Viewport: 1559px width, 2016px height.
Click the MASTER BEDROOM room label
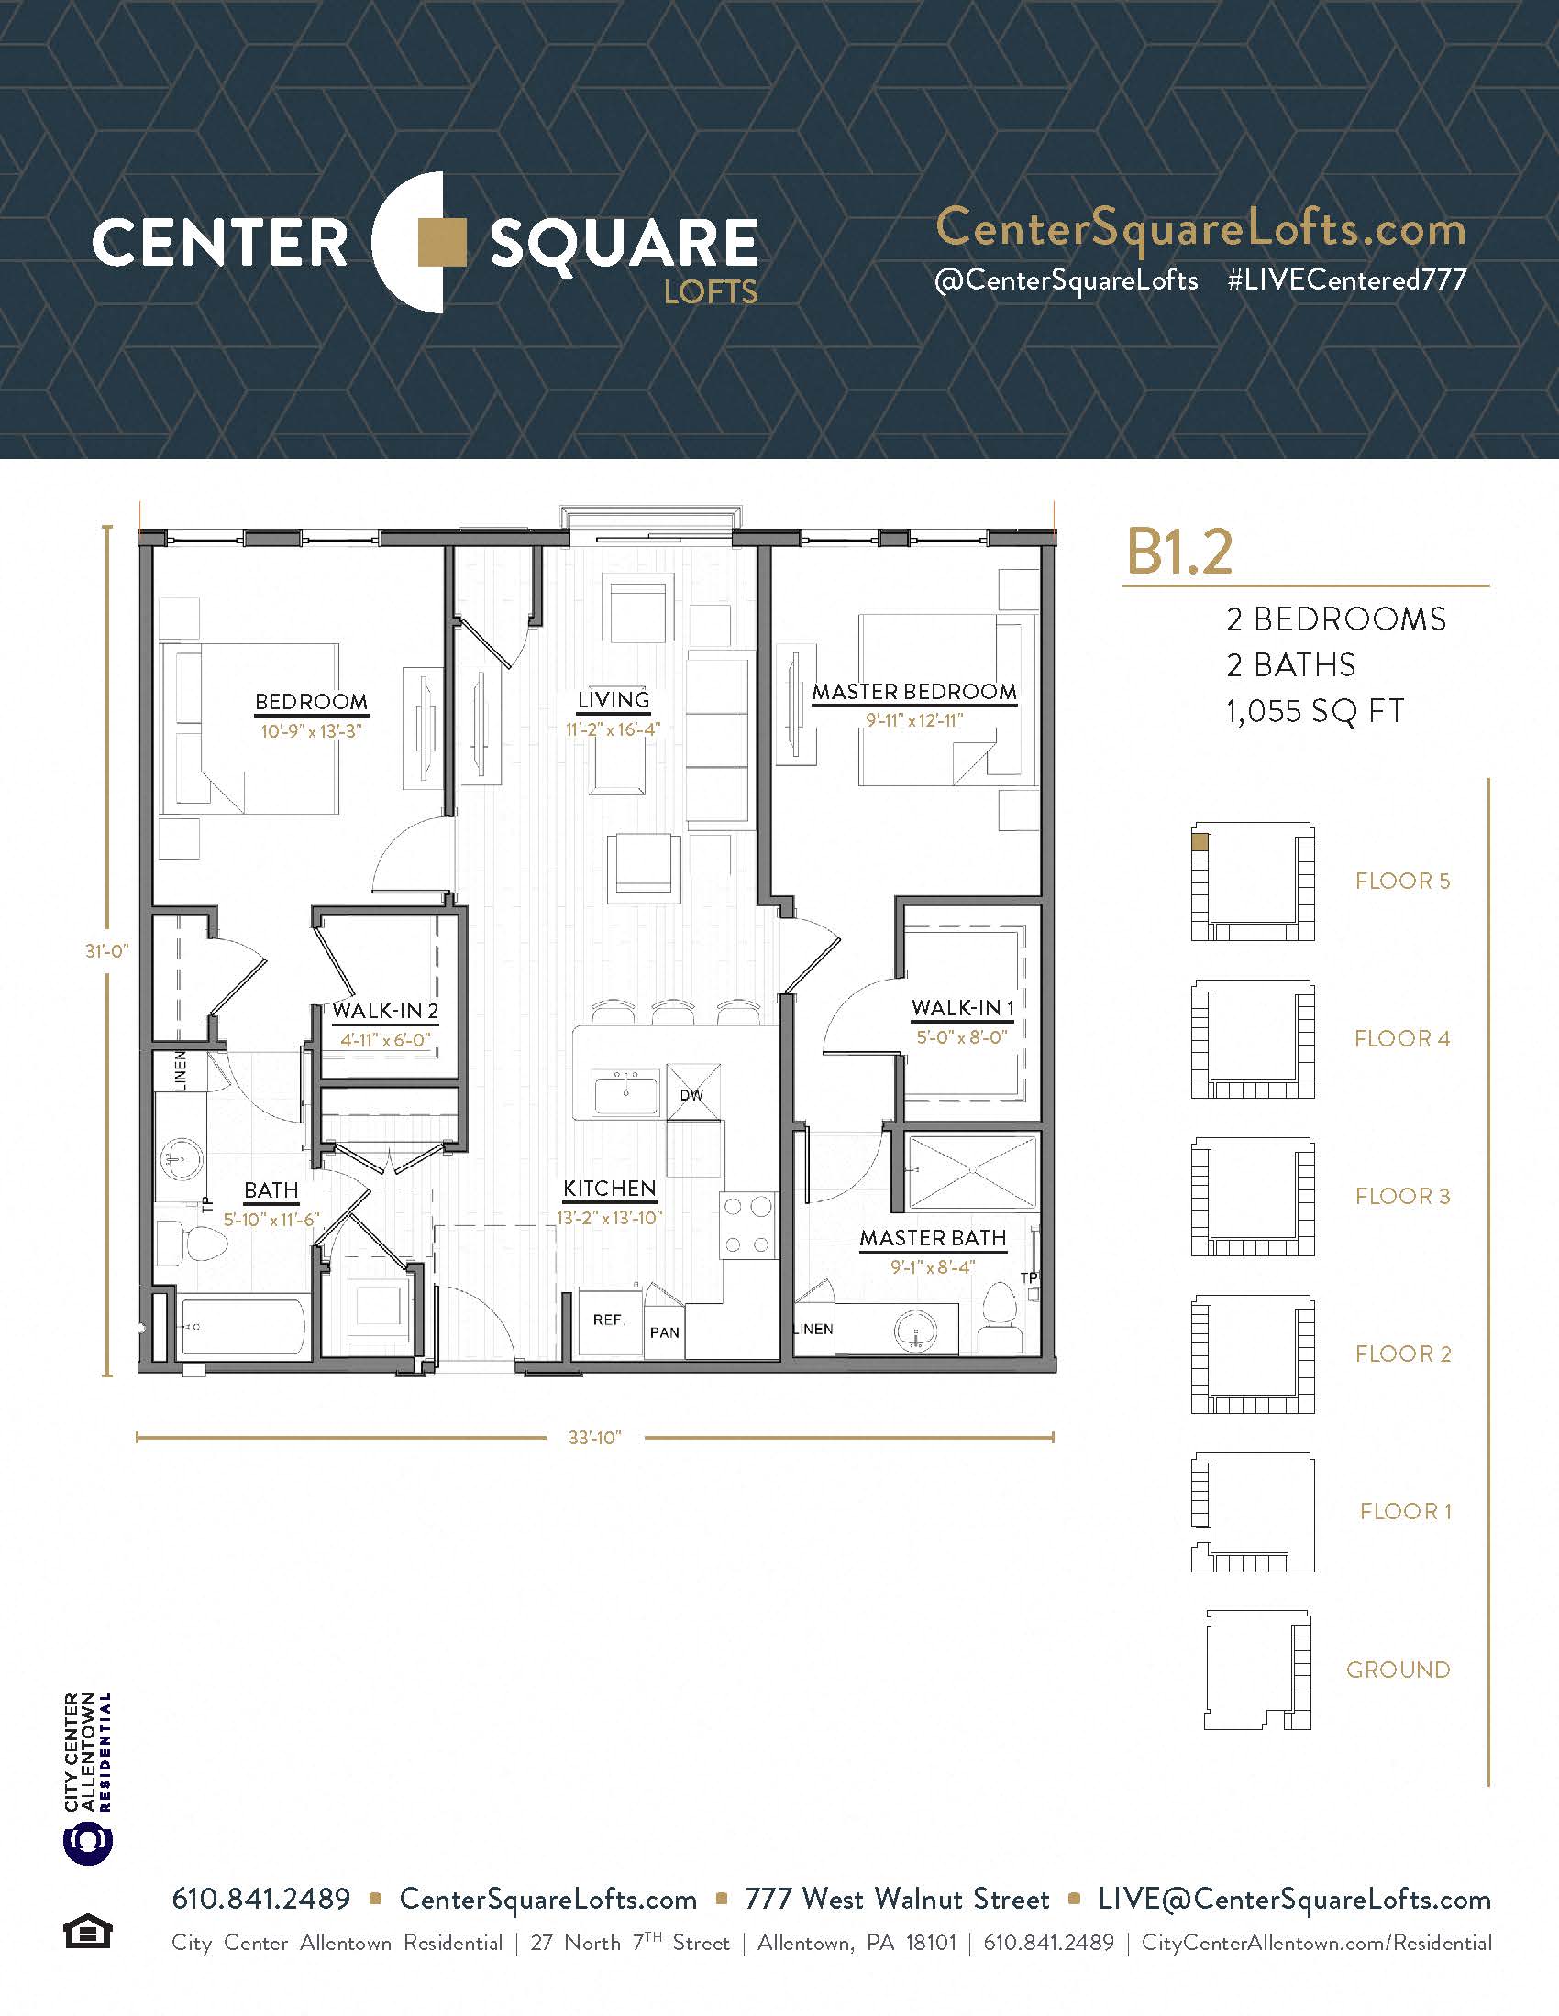click(x=914, y=691)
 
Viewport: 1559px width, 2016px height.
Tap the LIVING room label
click(x=614, y=700)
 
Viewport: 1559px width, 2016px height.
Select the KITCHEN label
click(x=610, y=1188)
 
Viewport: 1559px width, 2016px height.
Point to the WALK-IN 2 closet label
click(x=385, y=1011)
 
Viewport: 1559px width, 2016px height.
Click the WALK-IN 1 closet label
click(x=962, y=1008)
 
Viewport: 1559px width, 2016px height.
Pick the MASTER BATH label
click(x=933, y=1238)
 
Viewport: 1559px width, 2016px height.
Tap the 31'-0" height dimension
click(x=107, y=950)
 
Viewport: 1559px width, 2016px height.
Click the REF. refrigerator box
click(x=609, y=1322)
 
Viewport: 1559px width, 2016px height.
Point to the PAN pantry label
click(x=664, y=1333)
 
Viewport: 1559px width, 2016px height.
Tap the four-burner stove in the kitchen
click(x=747, y=1225)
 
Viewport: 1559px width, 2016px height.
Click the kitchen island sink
click(x=626, y=1095)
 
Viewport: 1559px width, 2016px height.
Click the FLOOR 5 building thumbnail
click(x=1253, y=882)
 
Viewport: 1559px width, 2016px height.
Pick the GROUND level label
click(x=1399, y=1670)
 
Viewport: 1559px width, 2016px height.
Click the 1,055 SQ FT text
click(x=1315, y=712)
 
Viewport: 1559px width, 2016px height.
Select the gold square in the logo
click(x=442, y=242)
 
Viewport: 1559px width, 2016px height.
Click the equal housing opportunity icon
click(x=88, y=1932)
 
